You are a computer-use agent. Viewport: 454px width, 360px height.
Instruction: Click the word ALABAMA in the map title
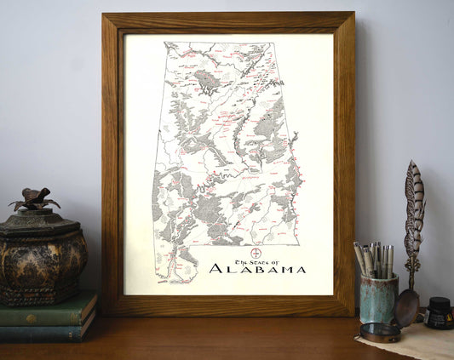[x=257, y=269]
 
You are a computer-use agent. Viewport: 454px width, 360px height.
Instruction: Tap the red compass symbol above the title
[x=255, y=253]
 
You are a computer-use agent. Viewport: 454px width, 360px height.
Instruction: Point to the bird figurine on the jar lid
[x=35, y=200]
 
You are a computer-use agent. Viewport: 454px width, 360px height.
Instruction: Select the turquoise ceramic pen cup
[x=377, y=299]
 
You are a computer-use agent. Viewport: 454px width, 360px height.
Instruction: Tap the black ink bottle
[x=439, y=314]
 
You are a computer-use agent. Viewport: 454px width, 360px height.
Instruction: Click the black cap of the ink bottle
[x=439, y=302]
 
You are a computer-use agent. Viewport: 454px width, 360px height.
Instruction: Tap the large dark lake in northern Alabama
[x=207, y=81]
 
